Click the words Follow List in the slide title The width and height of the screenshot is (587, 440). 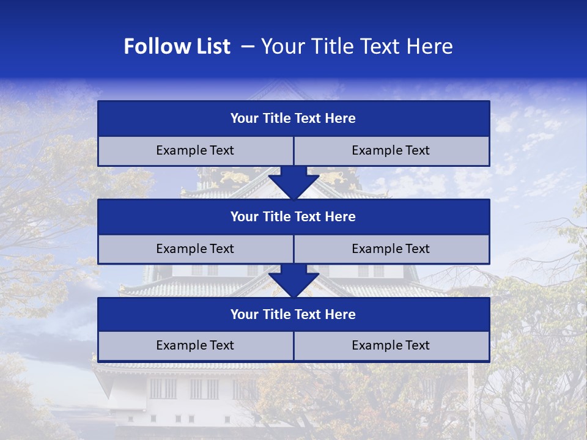(x=177, y=46)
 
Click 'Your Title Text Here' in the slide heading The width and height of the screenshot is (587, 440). (x=356, y=46)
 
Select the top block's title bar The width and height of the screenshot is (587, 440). (x=293, y=119)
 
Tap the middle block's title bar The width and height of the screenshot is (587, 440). (x=293, y=216)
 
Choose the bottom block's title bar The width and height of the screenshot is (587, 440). (x=293, y=314)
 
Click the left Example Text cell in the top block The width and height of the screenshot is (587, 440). (x=195, y=150)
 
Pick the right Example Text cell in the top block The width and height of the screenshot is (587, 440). (x=391, y=150)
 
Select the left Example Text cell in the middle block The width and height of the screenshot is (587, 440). (x=195, y=249)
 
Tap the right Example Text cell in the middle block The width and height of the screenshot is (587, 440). (x=391, y=249)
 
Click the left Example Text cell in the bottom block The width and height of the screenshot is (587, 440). (x=195, y=345)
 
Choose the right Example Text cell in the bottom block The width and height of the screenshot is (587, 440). (x=391, y=345)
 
